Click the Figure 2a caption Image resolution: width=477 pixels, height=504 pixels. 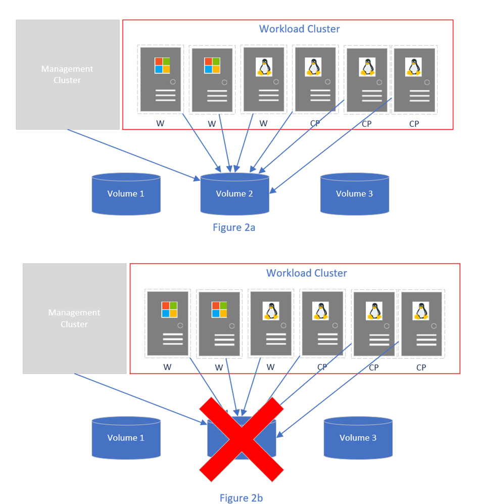[x=233, y=227]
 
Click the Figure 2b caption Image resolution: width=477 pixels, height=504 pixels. [x=241, y=498]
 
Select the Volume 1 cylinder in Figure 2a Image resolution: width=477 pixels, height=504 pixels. [x=126, y=193]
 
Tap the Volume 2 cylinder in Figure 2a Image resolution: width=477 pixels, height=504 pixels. [x=234, y=194]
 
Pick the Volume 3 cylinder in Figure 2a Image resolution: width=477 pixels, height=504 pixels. [x=354, y=193]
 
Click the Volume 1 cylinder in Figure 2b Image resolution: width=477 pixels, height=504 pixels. [x=126, y=437]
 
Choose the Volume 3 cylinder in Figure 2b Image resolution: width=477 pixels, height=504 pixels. [x=358, y=437]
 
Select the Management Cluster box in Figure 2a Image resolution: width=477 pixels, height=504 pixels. [x=67, y=74]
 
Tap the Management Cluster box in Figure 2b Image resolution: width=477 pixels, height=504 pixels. [x=74, y=318]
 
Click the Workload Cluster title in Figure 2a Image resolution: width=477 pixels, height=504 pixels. [x=299, y=29]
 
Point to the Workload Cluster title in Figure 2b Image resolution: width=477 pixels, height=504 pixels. [x=306, y=273]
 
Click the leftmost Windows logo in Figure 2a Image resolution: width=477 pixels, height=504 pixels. [x=162, y=66]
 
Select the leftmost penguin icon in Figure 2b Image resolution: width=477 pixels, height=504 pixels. [x=271, y=311]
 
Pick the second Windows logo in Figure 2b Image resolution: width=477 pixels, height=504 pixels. [x=219, y=310]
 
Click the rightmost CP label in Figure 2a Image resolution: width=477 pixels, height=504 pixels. [x=414, y=124]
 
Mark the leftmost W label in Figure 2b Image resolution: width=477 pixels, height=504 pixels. [x=167, y=367]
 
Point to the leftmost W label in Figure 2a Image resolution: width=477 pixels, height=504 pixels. [x=160, y=123]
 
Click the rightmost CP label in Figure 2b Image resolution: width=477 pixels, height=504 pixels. [x=421, y=368]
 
